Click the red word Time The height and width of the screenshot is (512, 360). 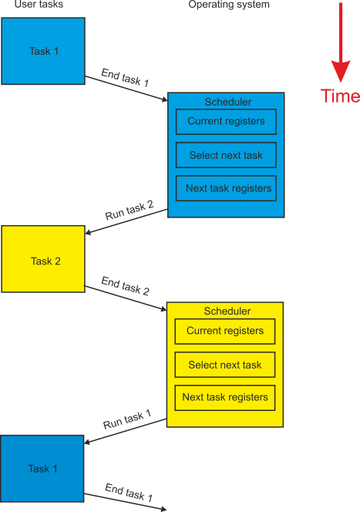[x=340, y=96]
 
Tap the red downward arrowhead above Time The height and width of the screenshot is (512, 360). [x=341, y=71]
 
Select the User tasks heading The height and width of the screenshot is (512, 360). [x=39, y=5]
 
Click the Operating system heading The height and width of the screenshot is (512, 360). [x=229, y=5]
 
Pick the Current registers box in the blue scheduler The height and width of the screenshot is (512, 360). [x=226, y=122]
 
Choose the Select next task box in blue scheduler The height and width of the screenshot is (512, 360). [x=226, y=155]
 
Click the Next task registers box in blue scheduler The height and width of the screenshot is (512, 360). [x=226, y=188]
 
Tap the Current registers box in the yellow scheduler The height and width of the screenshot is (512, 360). [x=225, y=331]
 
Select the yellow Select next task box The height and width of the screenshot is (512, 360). [x=225, y=365]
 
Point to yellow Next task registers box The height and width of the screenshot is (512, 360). [x=225, y=398]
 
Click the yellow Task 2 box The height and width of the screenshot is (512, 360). [x=43, y=259]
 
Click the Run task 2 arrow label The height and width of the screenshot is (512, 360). [x=130, y=210]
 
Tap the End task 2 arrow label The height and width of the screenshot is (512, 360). [x=126, y=286]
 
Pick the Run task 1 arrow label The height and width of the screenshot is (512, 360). [x=127, y=419]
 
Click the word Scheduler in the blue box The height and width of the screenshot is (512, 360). [x=228, y=102]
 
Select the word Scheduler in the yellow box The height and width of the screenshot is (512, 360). [x=227, y=311]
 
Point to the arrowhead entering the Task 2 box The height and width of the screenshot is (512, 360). [x=88, y=233]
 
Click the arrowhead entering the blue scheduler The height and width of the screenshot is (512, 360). [x=164, y=99]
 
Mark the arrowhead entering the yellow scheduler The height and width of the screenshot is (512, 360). [x=164, y=308]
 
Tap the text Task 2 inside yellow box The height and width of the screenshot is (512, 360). [x=45, y=261]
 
